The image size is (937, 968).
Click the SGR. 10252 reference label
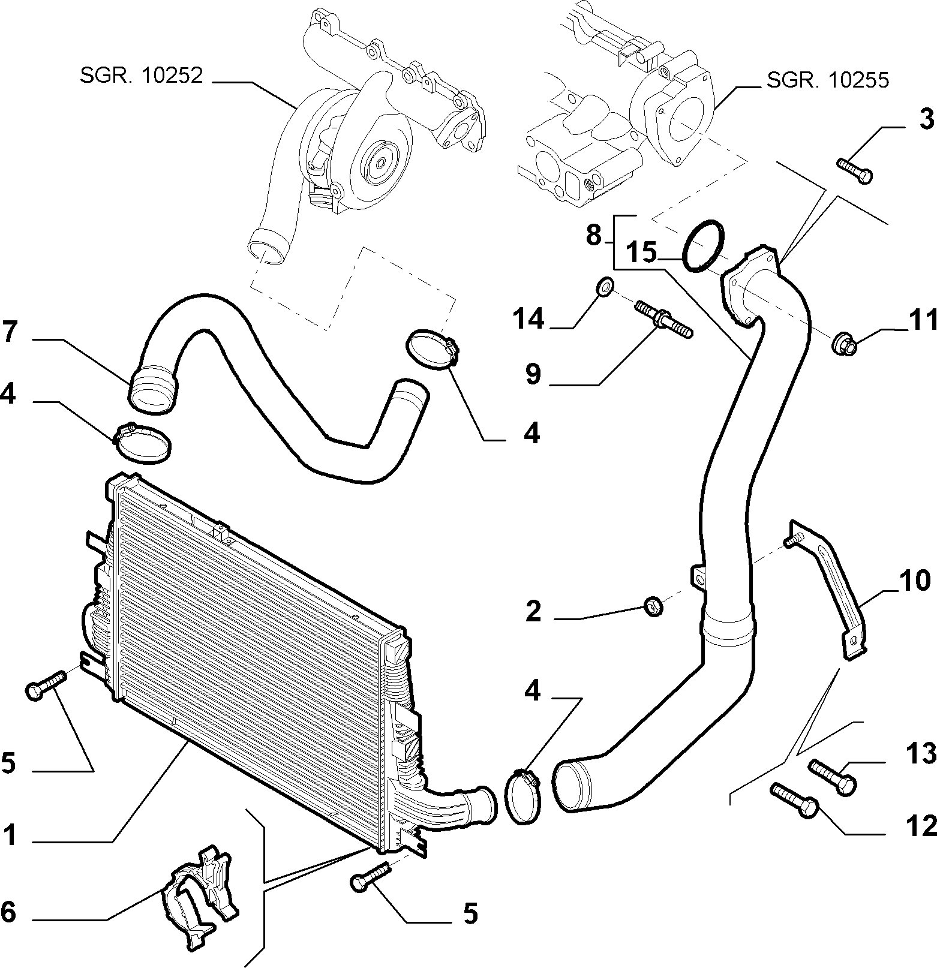141,76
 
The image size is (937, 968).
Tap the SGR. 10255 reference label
827,80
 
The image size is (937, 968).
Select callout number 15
642,252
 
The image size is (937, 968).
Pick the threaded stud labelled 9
664,319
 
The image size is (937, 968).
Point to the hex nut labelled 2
653,607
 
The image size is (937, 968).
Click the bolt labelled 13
833,777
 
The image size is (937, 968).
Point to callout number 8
593,235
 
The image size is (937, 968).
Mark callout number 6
8,912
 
